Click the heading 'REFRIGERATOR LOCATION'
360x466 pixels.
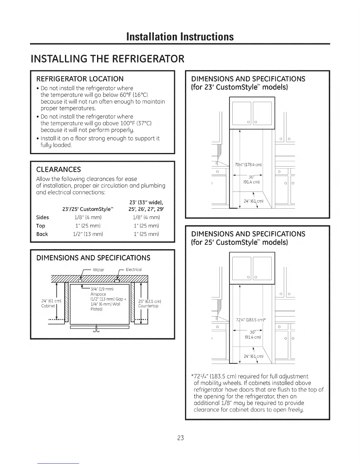80,79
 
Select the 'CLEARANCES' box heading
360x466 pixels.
58,169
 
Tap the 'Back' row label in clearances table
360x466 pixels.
42,234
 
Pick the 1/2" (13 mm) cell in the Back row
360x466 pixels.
89,234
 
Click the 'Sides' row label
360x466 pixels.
42,217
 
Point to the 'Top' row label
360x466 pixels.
41,226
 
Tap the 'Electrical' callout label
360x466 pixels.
134,269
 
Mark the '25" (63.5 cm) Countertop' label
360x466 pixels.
149,304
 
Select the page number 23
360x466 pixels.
180,438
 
